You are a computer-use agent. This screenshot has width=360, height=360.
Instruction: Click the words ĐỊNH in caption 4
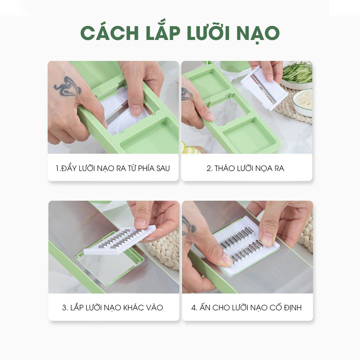click(x=292, y=307)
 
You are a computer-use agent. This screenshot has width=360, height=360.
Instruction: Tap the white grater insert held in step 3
click(x=120, y=240)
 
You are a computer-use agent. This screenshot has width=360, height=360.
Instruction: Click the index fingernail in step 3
click(x=140, y=223)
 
